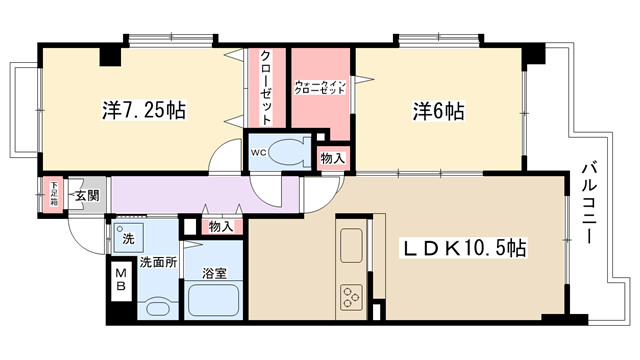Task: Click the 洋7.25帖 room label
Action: (x=144, y=110)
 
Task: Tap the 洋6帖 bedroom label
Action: (x=438, y=111)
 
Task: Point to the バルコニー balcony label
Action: (x=589, y=203)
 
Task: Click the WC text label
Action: (x=258, y=153)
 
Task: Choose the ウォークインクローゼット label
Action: (x=320, y=87)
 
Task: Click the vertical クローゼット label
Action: (x=266, y=87)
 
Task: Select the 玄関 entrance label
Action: (x=87, y=196)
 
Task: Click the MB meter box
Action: (x=121, y=280)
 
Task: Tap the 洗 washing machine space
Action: (x=128, y=238)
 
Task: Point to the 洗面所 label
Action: (x=158, y=262)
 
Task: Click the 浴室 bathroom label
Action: (x=214, y=273)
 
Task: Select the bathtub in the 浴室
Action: (x=213, y=300)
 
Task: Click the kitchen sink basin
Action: (x=351, y=245)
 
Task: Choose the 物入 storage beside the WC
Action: (x=333, y=158)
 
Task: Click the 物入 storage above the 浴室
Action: (x=221, y=227)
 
